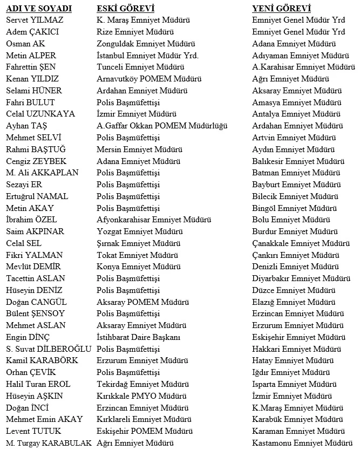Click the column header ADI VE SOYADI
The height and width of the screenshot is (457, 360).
point(38,9)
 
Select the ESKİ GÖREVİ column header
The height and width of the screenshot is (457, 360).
point(125,9)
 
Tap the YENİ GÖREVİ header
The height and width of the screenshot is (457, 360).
point(281,9)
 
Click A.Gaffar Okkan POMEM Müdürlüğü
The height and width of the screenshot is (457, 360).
point(162,126)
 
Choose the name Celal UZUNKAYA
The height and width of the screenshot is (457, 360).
point(40,114)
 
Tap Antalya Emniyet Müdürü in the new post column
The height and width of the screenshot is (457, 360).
point(296,114)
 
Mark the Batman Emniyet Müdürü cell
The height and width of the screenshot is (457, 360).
point(296,173)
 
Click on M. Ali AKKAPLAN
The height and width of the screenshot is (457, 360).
point(42,173)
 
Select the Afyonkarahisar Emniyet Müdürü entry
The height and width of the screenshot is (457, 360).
point(154,220)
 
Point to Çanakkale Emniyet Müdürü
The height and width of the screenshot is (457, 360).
point(301,243)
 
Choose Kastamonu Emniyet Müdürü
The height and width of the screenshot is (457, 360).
point(302,443)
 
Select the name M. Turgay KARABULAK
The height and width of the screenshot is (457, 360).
point(49,443)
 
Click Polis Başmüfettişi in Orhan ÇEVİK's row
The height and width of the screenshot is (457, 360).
point(128,372)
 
